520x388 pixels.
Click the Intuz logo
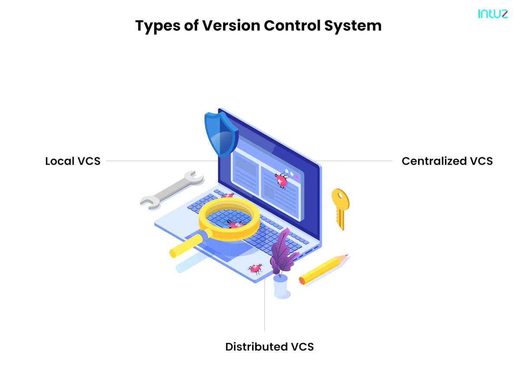[x=493, y=14]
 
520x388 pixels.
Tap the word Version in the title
[x=231, y=25]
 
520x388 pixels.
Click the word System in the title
[x=353, y=26]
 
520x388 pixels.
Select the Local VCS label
[x=73, y=161]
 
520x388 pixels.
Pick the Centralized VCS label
[x=447, y=161]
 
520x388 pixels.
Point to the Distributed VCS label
[x=270, y=346]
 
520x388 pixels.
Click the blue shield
[x=221, y=134]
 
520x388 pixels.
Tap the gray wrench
[x=172, y=190]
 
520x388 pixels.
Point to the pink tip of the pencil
[x=347, y=255]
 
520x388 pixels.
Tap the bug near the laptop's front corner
[x=255, y=269]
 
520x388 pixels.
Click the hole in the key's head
[x=341, y=196]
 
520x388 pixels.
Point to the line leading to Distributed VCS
[x=264, y=305]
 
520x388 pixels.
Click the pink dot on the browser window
[x=296, y=176]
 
